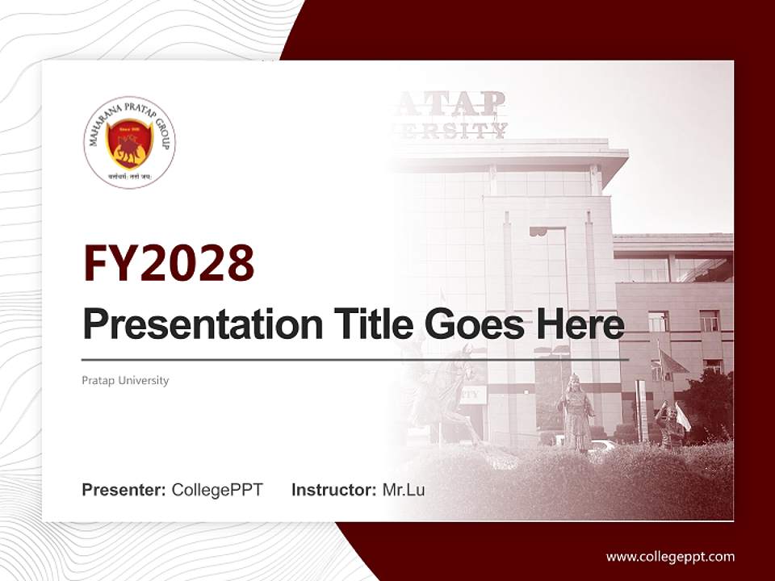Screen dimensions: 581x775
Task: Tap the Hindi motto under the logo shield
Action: click(x=129, y=174)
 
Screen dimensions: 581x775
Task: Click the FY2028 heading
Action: click(x=169, y=263)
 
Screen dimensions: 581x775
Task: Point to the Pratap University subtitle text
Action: click(x=125, y=380)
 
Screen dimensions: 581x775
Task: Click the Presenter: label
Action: click(x=124, y=490)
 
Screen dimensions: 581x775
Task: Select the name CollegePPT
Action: click(x=217, y=490)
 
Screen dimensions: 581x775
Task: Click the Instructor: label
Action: click(x=333, y=490)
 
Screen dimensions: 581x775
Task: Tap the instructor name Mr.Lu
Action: click(x=404, y=490)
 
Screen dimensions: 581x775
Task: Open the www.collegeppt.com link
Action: click(x=670, y=556)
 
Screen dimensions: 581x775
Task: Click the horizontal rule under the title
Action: click(x=355, y=359)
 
